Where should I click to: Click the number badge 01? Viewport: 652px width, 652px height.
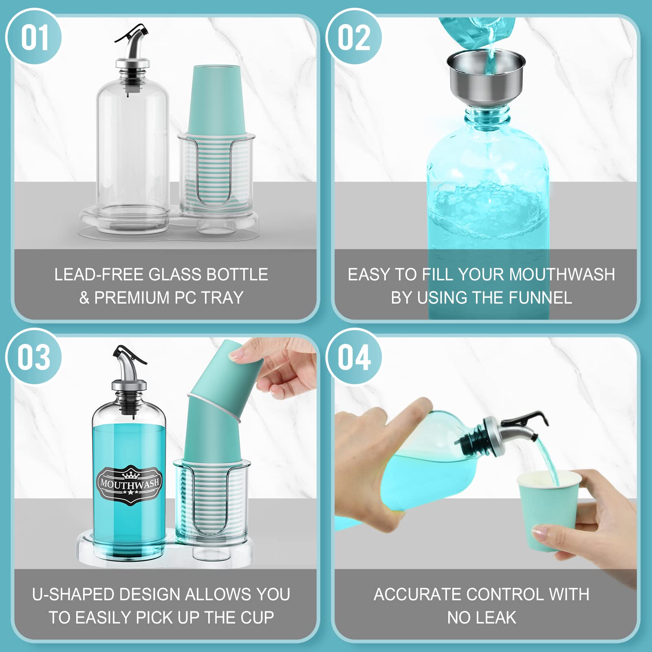[34, 37]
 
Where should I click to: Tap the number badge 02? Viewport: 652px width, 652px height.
[354, 37]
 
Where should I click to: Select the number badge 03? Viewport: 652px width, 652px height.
[34, 357]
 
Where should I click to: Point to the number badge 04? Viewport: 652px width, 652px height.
[354, 357]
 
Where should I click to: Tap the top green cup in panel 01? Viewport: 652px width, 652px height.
[215, 100]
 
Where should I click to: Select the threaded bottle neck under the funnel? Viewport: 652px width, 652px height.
[487, 116]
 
